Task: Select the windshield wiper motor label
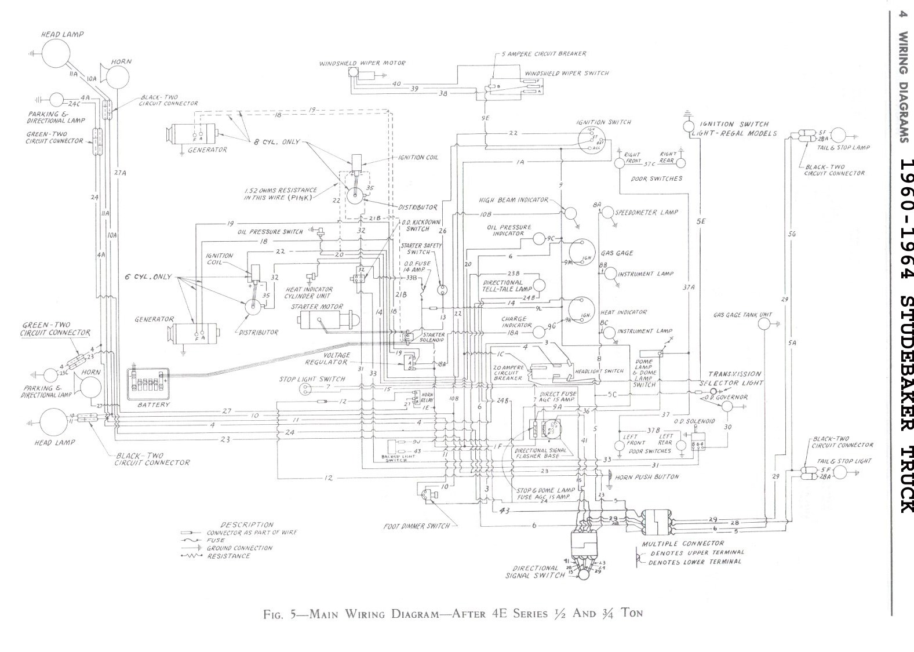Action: coord(362,63)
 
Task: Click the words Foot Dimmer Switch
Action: coord(417,526)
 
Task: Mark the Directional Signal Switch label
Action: coord(535,571)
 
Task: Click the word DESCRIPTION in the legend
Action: coord(247,524)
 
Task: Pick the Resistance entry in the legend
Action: coord(229,556)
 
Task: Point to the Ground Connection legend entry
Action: coord(239,548)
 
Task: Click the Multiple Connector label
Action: coord(683,544)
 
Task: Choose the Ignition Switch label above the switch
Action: coord(603,122)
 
